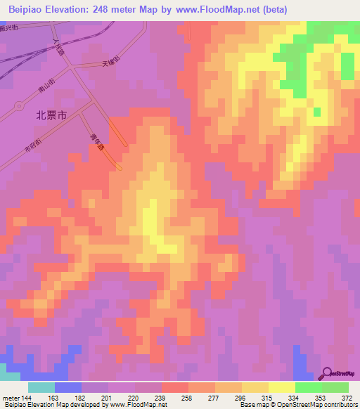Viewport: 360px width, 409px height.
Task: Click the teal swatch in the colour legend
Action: point(41,387)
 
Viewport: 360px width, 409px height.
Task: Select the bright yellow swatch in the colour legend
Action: point(282,387)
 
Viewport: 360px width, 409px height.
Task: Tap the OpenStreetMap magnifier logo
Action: point(328,373)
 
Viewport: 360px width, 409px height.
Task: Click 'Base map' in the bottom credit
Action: point(250,405)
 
